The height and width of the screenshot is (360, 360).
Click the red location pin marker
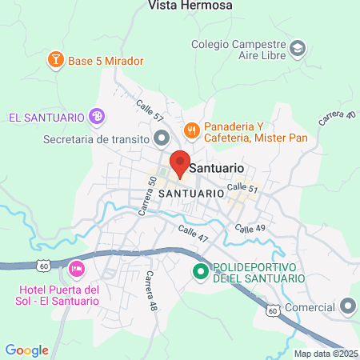(179, 162)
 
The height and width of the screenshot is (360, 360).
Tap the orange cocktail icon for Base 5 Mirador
(55, 59)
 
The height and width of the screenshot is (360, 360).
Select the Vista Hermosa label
(190, 6)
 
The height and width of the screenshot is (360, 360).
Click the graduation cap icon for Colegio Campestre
(298, 48)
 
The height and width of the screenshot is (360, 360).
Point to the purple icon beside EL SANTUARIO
(97, 118)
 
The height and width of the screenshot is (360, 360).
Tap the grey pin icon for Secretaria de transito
(159, 138)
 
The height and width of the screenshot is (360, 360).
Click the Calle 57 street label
(150, 110)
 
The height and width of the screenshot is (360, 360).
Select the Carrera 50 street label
(150, 193)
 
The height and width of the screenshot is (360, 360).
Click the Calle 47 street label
(193, 234)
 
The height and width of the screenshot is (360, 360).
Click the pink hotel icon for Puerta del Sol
(77, 267)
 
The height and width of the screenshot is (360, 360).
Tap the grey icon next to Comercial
(347, 306)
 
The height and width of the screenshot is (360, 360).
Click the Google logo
(26, 350)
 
